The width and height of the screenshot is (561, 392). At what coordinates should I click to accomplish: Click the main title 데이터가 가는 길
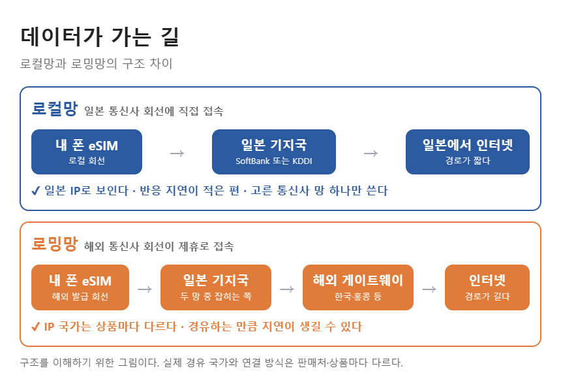pyautogui.click(x=99, y=37)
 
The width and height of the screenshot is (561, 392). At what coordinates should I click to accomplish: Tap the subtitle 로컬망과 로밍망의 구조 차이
pyautogui.click(x=97, y=64)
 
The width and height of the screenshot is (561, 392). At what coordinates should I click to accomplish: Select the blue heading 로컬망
pyautogui.click(x=54, y=108)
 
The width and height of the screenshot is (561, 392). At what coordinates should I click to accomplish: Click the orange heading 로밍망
pyautogui.click(x=54, y=244)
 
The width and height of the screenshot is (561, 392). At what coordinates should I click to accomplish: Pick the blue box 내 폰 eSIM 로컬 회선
pyautogui.click(x=87, y=152)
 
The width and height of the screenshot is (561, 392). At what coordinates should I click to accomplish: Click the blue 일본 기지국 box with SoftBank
pyautogui.click(x=274, y=152)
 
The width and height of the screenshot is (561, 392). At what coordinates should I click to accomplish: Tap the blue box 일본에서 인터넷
pyautogui.click(x=467, y=152)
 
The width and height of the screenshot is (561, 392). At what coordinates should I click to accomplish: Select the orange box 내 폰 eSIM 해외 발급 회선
pyautogui.click(x=80, y=287)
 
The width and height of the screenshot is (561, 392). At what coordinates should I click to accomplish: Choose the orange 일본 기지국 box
pyautogui.click(x=216, y=287)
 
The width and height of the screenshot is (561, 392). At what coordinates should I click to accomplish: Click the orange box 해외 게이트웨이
pyautogui.click(x=357, y=287)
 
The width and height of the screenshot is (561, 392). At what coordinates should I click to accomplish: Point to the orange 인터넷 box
pyautogui.click(x=487, y=287)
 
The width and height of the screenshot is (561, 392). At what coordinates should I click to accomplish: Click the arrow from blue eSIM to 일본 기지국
pyautogui.click(x=177, y=154)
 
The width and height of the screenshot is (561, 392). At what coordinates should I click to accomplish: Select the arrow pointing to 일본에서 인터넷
pyautogui.click(x=371, y=154)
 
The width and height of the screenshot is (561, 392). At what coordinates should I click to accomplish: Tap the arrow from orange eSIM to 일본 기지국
pyautogui.click(x=145, y=289)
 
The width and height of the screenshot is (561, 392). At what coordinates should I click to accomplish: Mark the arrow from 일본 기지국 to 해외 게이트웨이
pyautogui.click(x=287, y=289)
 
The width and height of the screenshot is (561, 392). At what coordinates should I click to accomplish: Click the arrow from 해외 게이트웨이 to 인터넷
pyautogui.click(x=429, y=289)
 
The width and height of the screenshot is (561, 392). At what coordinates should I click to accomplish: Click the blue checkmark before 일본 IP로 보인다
pyautogui.click(x=36, y=191)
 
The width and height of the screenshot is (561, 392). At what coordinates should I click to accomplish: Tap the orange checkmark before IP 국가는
pyautogui.click(x=36, y=327)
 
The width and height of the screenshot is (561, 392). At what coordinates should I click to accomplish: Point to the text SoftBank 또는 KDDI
pyautogui.click(x=274, y=161)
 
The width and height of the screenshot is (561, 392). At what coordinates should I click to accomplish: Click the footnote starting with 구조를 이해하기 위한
pyautogui.click(x=211, y=363)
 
